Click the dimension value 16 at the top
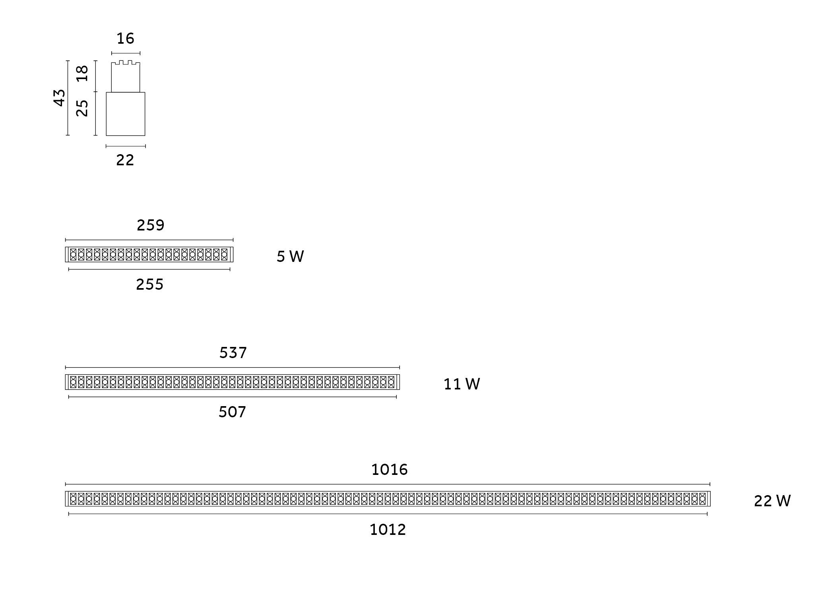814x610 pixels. (x=126, y=39)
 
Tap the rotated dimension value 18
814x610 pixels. (x=82, y=74)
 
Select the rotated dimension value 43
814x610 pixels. (x=59, y=98)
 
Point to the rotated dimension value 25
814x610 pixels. (x=82, y=108)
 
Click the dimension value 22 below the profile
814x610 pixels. (x=125, y=160)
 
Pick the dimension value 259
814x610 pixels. (x=151, y=225)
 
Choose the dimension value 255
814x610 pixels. (x=150, y=285)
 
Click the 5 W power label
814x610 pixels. (x=290, y=256)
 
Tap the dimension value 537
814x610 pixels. (x=233, y=352)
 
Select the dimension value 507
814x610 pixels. (x=233, y=412)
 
